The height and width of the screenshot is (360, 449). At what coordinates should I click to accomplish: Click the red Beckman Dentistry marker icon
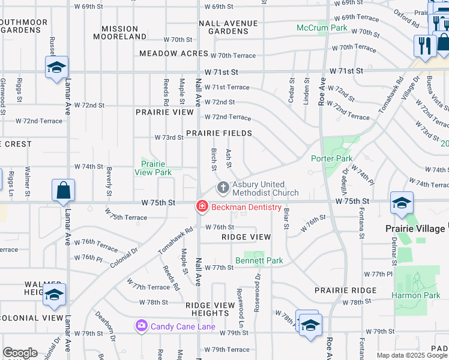coord(202,207)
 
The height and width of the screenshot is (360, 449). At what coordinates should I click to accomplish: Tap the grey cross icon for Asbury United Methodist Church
coord(223,188)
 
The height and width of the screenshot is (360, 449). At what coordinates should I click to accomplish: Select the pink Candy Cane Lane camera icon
coord(142,326)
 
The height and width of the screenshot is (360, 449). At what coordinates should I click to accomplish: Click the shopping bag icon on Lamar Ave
coord(63,191)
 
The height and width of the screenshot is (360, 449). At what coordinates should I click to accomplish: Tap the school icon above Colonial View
coord(54,295)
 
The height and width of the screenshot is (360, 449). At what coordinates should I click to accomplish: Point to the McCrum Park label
coord(322,28)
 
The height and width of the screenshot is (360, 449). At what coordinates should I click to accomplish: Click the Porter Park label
coord(331,158)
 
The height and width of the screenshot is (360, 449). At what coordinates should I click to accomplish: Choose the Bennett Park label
coord(259,260)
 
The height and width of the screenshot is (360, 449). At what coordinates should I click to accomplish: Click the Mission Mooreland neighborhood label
coord(119,32)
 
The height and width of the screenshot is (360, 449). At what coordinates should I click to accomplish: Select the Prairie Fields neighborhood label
coord(218,133)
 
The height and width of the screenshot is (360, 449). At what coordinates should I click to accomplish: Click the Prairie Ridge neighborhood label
coord(345,290)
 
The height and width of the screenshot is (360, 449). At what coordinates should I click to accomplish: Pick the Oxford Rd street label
coord(406,19)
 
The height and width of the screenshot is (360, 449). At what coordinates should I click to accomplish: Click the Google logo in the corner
coord(20,353)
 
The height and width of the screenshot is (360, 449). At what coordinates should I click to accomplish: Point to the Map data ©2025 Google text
coord(411,355)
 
